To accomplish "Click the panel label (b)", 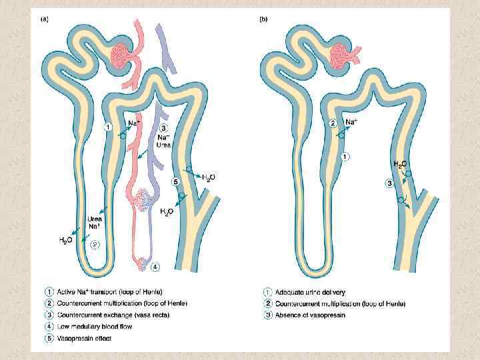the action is point(263,19).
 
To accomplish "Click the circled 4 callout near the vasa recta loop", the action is point(155,267).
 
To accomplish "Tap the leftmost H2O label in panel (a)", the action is point(66,239).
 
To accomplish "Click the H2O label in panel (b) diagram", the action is point(400,164).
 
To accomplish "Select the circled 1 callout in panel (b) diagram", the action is point(344,157).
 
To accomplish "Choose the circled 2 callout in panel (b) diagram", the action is point(333,123).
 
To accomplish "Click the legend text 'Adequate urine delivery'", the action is point(307,292).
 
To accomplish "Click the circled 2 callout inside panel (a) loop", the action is point(95,244).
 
